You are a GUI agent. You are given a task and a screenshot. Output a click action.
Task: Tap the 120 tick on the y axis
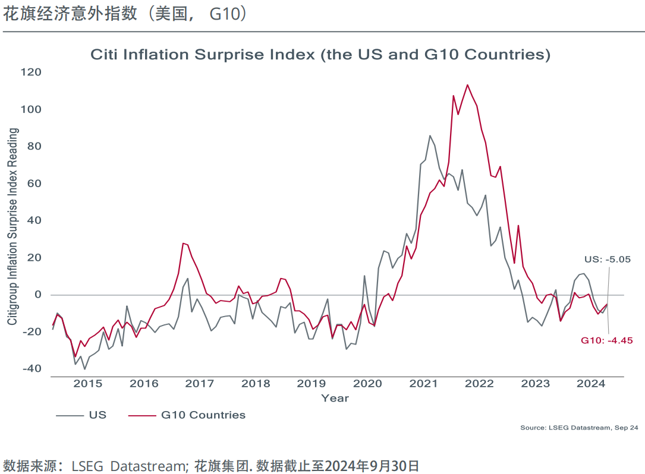tap(31, 72)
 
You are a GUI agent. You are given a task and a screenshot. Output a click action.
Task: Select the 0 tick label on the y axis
tap(38, 295)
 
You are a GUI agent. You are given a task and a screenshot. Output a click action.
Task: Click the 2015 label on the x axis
tap(88, 384)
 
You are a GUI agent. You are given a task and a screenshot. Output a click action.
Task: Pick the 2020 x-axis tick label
tap(368, 384)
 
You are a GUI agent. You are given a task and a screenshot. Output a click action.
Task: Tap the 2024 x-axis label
tap(591, 384)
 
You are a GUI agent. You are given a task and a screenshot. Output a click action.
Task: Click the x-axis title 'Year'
tap(335, 398)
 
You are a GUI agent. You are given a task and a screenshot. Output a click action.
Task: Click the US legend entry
tap(97, 415)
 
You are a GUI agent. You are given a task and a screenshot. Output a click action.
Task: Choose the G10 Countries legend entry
tap(203, 415)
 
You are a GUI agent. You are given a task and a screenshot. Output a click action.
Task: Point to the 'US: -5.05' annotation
tap(607, 260)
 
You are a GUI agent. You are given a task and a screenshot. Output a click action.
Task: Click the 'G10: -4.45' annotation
tap(607, 340)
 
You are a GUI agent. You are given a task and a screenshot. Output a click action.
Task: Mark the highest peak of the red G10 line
tap(467, 85)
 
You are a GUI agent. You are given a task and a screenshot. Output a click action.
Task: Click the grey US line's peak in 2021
tap(430, 136)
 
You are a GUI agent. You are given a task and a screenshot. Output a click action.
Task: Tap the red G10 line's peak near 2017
tap(184, 243)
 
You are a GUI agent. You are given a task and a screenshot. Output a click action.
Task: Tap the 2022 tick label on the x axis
tap(479, 384)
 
